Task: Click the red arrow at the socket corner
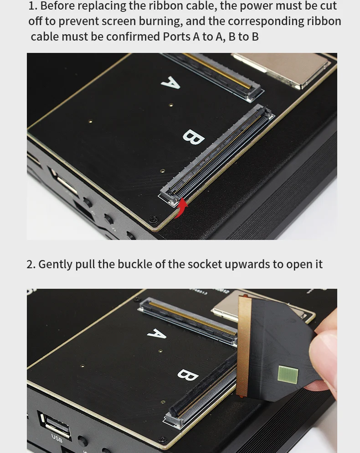coord(181,208)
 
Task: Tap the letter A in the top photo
coord(170,83)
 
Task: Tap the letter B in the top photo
coord(193,136)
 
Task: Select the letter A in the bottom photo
coord(157,333)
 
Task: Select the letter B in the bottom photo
coord(188,375)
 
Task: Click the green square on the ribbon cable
coord(288,375)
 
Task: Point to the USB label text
coord(57,438)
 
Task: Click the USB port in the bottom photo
coord(54,424)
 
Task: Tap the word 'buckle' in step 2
coord(135,265)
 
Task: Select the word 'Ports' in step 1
coord(176,37)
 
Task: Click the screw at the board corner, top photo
coord(154,220)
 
